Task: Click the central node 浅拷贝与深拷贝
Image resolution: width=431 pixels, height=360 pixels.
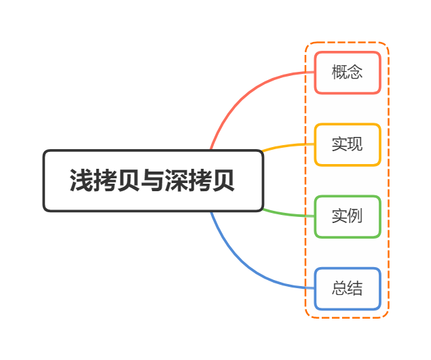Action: [153, 181]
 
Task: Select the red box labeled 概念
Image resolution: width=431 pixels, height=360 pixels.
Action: [347, 73]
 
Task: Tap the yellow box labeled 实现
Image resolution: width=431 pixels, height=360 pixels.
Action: [347, 144]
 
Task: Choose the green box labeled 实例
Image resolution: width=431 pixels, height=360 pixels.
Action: [347, 217]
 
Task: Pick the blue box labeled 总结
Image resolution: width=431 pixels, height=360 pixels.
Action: [347, 289]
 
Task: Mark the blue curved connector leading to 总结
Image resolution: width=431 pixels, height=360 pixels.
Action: [244, 264]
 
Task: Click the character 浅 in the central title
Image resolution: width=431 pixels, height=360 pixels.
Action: [81, 182]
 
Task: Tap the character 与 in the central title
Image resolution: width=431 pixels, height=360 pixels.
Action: [152, 182]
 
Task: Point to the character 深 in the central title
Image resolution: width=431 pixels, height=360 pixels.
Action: [176, 182]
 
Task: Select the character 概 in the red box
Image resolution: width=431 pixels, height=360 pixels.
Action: [339, 73]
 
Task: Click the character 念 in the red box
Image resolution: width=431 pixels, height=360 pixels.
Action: [355, 73]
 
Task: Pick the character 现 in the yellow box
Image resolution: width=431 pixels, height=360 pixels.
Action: [355, 144]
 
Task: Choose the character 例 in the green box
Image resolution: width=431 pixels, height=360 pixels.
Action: [355, 217]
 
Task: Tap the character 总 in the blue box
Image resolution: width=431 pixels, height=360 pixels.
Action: [339, 289]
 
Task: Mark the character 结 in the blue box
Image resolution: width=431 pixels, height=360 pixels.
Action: [355, 289]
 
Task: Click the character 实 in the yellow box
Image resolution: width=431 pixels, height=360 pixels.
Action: [339, 144]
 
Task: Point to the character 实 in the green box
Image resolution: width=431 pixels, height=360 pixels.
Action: [339, 217]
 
